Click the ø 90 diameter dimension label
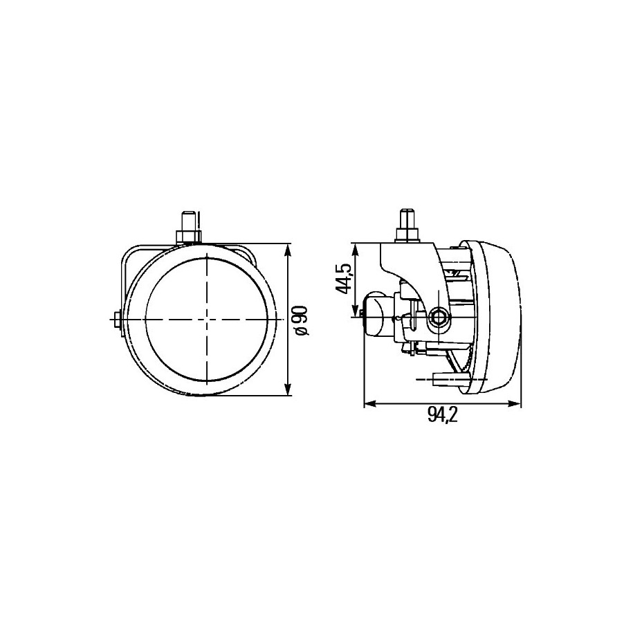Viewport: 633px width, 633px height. [x=302, y=320]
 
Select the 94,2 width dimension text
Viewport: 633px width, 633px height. [x=443, y=415]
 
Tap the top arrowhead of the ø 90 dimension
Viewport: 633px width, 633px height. [x=287, y=250]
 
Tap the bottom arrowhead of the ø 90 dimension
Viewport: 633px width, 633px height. [x=287, y=389]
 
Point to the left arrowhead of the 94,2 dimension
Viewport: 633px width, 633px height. [x=370, y=403]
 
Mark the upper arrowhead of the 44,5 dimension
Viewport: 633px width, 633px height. [x=356, y=249]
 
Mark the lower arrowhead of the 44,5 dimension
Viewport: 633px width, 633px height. [x=356, y=311]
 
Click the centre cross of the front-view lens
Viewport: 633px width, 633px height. [x=206, y=319]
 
